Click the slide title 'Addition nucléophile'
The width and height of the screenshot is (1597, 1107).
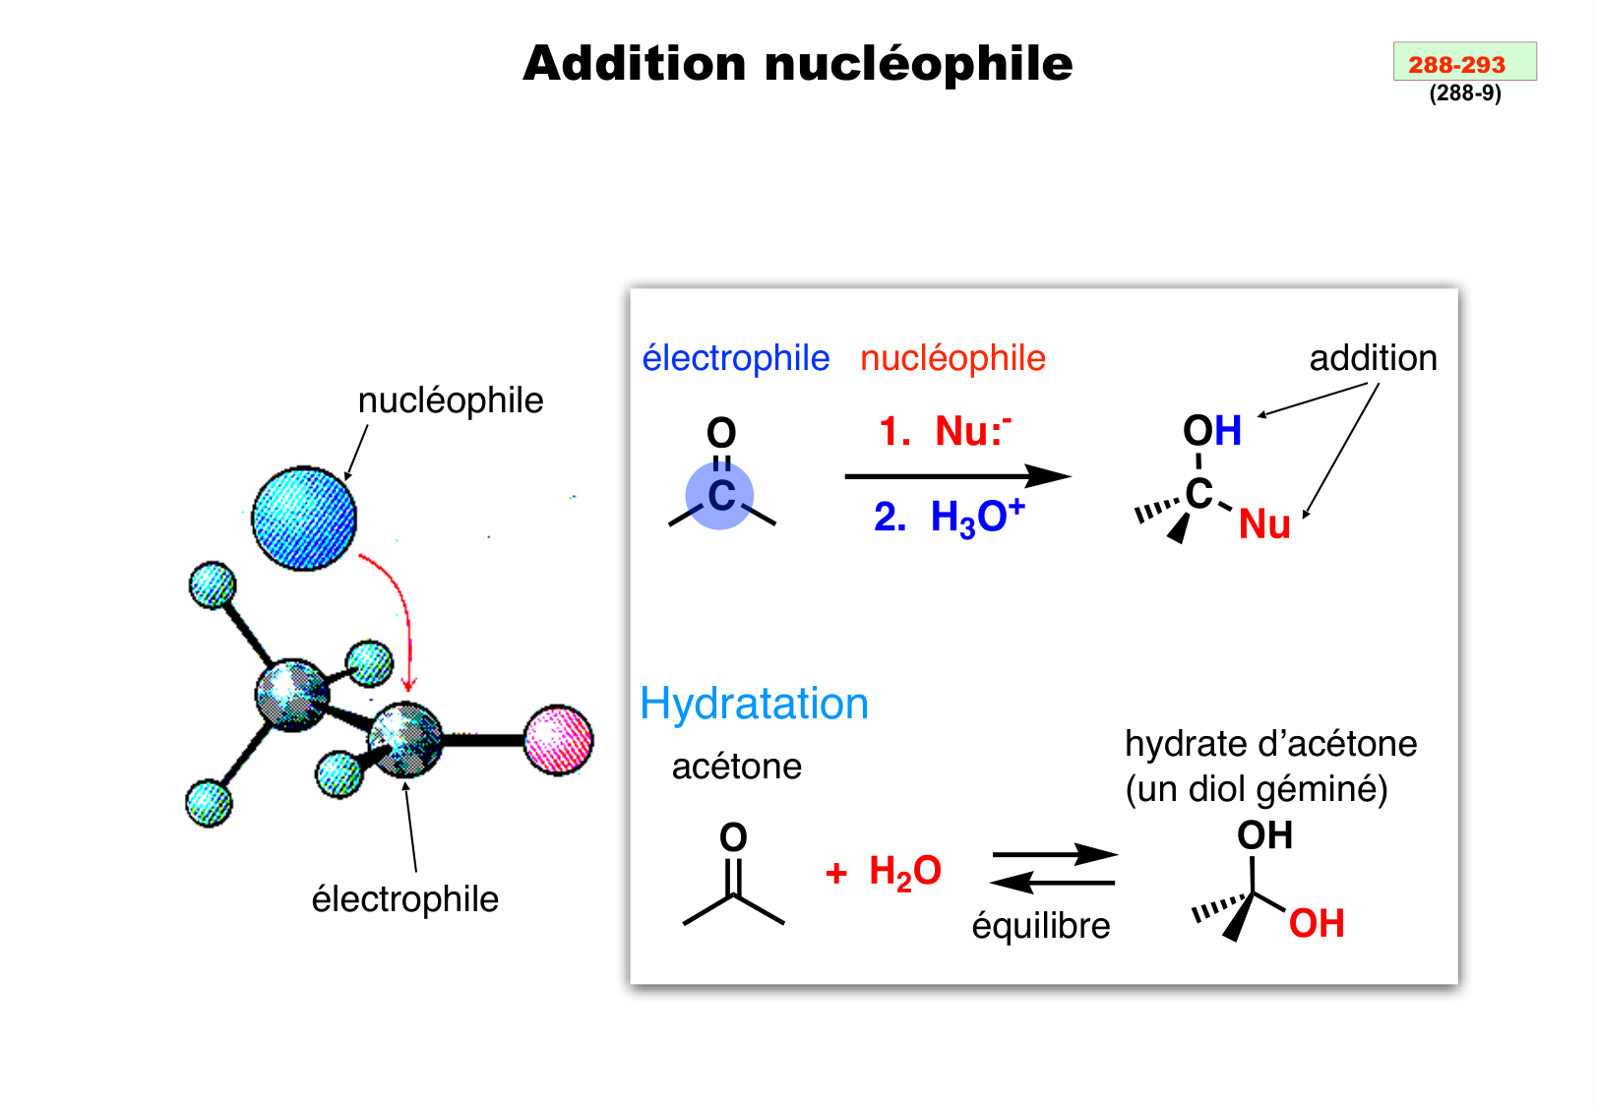(x=797, y=64)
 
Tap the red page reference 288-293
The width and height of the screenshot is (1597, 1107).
(x=1456, y=65)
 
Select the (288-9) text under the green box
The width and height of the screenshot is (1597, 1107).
(x=1465, y=93)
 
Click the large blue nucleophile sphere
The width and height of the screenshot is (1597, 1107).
(x=304, y=519)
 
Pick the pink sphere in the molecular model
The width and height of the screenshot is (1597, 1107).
(x=558, y=740)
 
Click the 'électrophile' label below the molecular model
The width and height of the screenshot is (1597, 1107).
(x=404, y=899)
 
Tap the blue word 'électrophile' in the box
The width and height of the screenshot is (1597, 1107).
(x=735, y=358)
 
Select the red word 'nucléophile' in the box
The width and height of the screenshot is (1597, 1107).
(x=952, y=358)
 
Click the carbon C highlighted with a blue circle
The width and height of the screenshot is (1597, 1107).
(x=720, y=496)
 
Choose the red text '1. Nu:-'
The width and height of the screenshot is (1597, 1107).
(x=945, y=432)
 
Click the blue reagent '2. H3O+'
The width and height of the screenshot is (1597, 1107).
(x=949, y=517)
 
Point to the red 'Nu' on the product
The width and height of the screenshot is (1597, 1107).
(x=1264, y=524)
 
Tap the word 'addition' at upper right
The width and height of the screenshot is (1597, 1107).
(x=1373, y=358)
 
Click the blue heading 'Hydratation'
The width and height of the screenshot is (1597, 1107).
(x=754, y=705)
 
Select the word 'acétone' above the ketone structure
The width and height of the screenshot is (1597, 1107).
(x=736, y=767)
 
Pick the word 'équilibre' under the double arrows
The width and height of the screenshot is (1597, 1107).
(x=1041, y=926)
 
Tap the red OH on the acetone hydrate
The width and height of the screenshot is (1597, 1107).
(x=1317, y=924)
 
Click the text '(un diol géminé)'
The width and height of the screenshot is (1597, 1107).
(x=1257, y=789)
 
